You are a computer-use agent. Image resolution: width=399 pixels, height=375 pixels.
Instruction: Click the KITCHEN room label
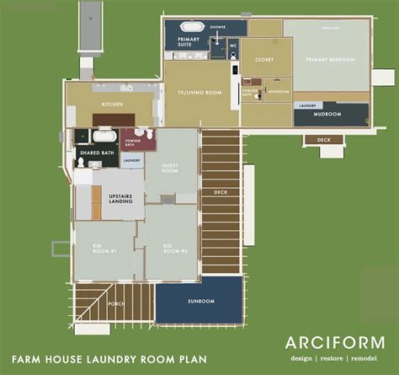(113, 104)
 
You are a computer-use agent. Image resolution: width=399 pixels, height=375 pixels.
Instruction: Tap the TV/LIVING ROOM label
(203, 94)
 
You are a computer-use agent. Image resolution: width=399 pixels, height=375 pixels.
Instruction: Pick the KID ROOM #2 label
(173, 249)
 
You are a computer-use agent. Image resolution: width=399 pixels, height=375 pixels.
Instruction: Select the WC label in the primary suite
(232, 42)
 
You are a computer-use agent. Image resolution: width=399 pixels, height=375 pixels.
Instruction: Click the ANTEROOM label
(279, 90)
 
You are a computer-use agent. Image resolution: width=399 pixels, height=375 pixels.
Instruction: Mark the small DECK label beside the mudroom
(322, 141)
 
